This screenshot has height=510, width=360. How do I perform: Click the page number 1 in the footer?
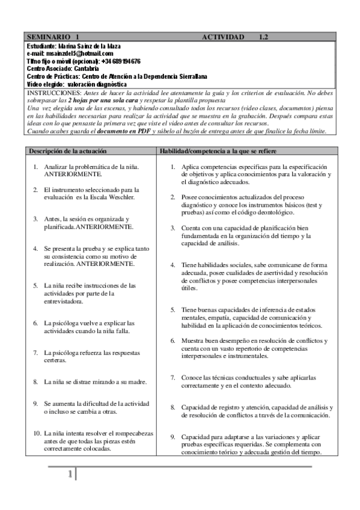point(70,476)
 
